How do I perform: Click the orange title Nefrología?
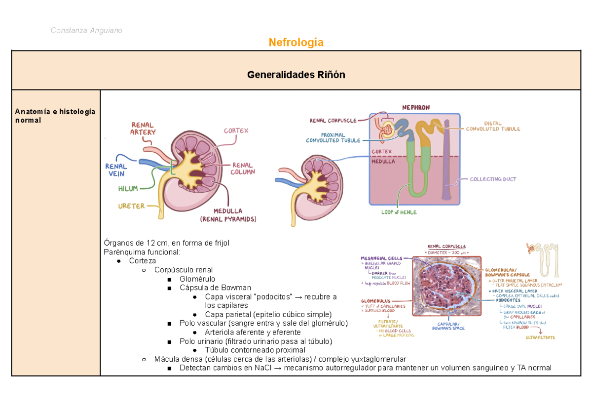pyautogui.click(x=296, y=42)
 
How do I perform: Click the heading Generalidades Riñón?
pyautogui.click(x=296, y=75)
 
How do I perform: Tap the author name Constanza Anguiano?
pyautogui.click(x=86, y=31)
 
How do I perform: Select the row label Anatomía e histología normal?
pyautogui.click(x=55, y=116)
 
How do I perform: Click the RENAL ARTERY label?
pyautogui.click(x=143, y=128)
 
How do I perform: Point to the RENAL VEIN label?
pyautogui.click(x=116, y=170)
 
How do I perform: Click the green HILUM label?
pyautogui.click(x=128, y=189)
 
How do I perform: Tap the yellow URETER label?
pyautogui.click(x=131, y=206)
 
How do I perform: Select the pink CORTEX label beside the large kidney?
pyautogui.click(x=236, y=130)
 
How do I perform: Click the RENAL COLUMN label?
pyautogui.click(x=242, y=168)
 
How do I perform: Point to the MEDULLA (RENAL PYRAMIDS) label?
pyautogui.click(x=228, y=215)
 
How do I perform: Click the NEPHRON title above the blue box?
pyautogui.click(x=415, y=107)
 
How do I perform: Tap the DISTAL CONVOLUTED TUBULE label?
pyautogui.click(x=493, y=126)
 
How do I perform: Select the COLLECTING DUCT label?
pyautogui.click(x=493, y=179)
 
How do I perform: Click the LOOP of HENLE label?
pyautogui.click(x=399, y=212)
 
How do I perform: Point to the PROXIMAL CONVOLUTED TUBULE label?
pyautogui.click(x=333, y=137)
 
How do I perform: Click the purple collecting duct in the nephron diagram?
pyautogui.click(x=446, y=163)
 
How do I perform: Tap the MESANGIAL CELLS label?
pyautogui.click(x=381, y=258)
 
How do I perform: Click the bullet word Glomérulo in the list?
pyautogui.click(x=197, y=279)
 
